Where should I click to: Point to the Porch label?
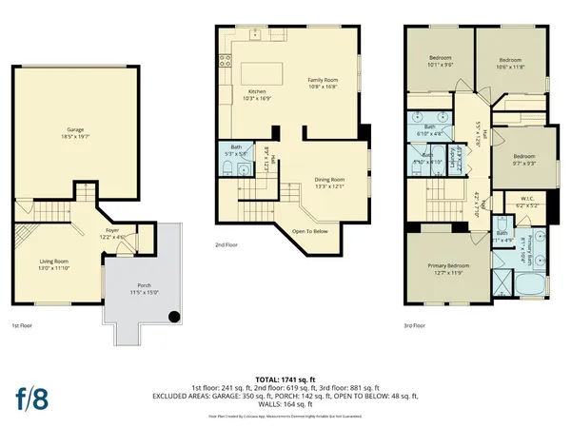point(139,289)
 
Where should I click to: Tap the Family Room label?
point(323,83)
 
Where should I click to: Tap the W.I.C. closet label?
point(526,202)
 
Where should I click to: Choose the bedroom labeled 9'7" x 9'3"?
point(524,160)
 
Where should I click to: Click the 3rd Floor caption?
point(414,324)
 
